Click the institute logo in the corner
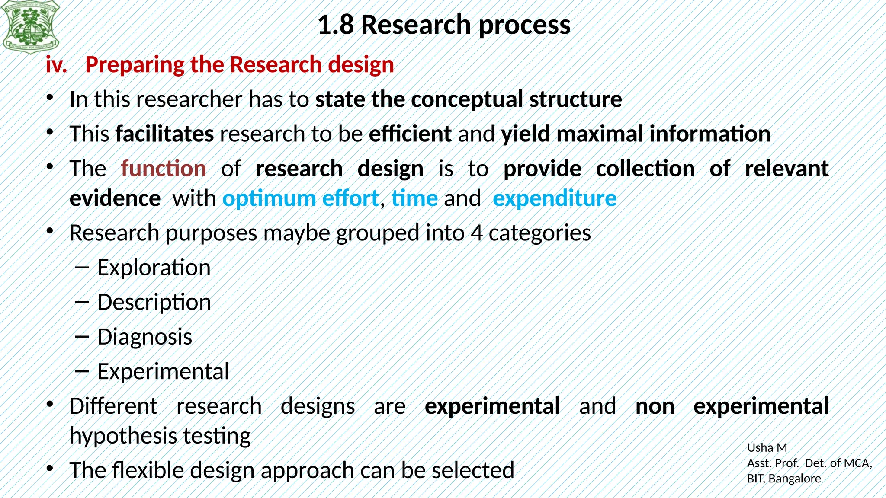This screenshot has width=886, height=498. pos(30,27)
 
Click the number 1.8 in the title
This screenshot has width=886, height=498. pos(336,25)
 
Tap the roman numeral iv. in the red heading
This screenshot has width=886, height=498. pos(56,65)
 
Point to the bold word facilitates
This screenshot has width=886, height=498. pos(164,134)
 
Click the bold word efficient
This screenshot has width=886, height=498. pos(410,134)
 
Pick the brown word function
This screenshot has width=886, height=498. pos(164,169)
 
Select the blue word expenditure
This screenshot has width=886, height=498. pos(555,199)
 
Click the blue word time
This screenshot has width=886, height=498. pos(414,199)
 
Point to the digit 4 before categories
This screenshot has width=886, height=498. pos(476,233)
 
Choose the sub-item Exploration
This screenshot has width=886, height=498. pos(154,268)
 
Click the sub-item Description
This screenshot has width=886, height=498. pos(154,303)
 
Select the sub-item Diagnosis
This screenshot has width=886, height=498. pos(144,337)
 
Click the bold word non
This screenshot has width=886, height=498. pos(655,406)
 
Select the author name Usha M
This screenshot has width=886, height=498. pos(767,448)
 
